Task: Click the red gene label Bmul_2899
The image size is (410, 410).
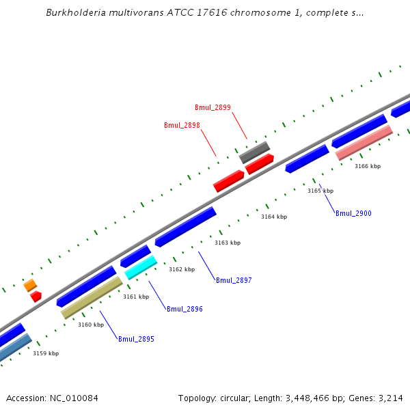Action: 213,107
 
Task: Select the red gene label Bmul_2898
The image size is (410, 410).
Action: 182,125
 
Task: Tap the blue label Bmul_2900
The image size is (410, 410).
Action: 353,213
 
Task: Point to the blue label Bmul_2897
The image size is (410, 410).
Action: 234,280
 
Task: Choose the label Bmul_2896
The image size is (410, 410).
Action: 184,309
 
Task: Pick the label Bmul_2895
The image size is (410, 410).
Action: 136,339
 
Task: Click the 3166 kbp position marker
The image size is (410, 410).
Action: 368,166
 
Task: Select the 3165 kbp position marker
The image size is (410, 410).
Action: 320,191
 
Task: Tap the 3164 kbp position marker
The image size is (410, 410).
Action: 274,217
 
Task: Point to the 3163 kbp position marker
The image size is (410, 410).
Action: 228,243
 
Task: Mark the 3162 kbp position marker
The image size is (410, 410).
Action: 182,269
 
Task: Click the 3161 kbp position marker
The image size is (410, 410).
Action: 136,297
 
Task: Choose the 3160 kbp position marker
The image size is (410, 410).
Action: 91,325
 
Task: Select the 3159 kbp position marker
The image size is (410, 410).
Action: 46,353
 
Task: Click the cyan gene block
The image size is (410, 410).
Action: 141,267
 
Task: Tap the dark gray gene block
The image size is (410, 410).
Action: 254,152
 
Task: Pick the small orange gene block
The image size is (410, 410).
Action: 30,285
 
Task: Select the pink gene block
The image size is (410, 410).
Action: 364,142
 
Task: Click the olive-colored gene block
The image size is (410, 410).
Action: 92,297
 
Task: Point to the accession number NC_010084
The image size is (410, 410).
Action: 52,398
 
